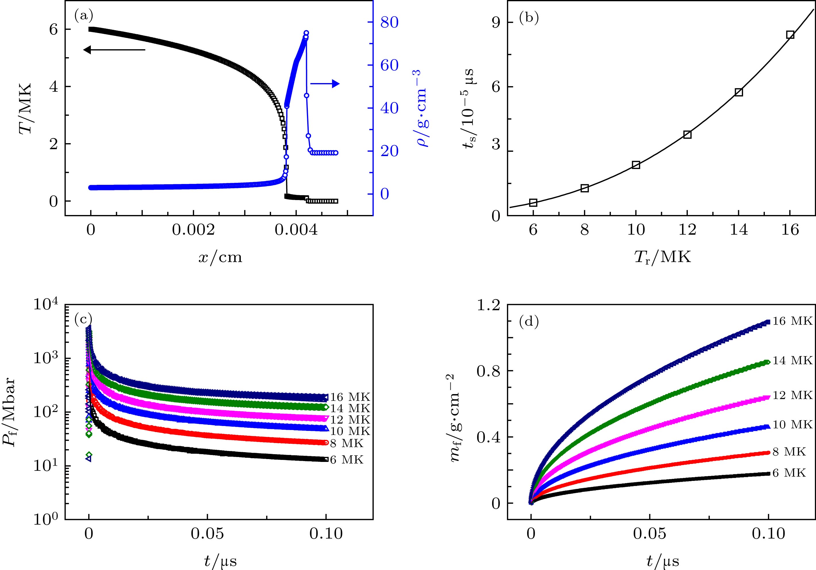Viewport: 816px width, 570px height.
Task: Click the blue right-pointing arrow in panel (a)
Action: tap(325, 84)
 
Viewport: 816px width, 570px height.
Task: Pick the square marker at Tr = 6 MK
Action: tap(533, 203)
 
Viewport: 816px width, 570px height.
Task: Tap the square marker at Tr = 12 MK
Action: tap(687, 135)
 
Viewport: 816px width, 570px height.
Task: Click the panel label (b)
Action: tap(529, 18)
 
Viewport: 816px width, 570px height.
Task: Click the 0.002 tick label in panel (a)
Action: tap(193, 230)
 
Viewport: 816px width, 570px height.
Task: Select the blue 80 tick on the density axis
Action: tap(389, 22)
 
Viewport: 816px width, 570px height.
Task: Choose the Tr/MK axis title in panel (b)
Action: tap(663, 257)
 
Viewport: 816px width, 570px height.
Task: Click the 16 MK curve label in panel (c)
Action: tap(350, 397)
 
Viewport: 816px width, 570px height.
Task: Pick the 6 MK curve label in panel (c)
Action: tap(347, 460)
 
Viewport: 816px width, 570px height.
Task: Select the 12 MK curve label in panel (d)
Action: tap(792, 395)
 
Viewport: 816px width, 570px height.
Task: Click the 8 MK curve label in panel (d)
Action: tap(789, 451)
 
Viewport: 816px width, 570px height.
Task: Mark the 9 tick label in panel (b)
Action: tap(496, 22)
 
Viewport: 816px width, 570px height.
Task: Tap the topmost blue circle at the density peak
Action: tap(306, 33)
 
